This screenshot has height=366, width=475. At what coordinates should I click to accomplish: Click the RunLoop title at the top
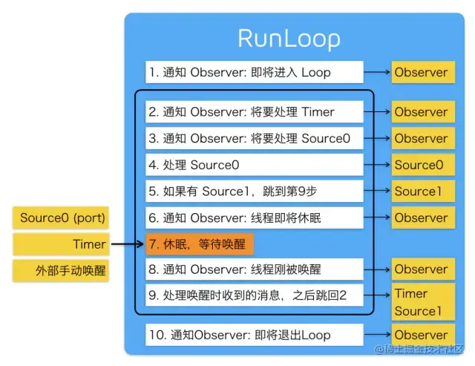289,39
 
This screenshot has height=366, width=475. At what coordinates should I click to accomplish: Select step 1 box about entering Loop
255,72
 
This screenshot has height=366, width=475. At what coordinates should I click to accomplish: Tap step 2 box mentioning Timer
255,112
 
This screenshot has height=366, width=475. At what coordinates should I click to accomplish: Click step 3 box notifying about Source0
255,138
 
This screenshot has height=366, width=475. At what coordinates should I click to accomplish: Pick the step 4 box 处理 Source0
255,165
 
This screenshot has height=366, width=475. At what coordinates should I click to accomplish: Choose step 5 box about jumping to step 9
255,191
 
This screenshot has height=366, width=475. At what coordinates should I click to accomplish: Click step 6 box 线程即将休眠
255,218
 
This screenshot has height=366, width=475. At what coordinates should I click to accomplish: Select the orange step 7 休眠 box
200,244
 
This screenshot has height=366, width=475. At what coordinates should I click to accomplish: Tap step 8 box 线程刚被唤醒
255,269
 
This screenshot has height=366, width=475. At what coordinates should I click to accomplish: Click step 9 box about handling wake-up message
255,296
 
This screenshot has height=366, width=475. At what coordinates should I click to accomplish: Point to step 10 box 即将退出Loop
255,335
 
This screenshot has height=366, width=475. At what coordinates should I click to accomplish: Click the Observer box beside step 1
421,72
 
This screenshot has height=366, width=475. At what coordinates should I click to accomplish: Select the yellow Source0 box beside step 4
421,165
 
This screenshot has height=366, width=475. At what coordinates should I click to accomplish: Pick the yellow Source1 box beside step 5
421,191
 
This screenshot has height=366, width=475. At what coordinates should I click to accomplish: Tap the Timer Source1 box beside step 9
421,302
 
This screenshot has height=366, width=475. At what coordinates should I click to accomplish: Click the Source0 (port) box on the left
62,218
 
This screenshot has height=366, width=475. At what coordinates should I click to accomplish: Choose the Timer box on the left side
62,244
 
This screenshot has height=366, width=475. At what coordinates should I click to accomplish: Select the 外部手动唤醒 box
62,270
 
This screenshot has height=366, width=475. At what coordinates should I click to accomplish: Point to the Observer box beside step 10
421,335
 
